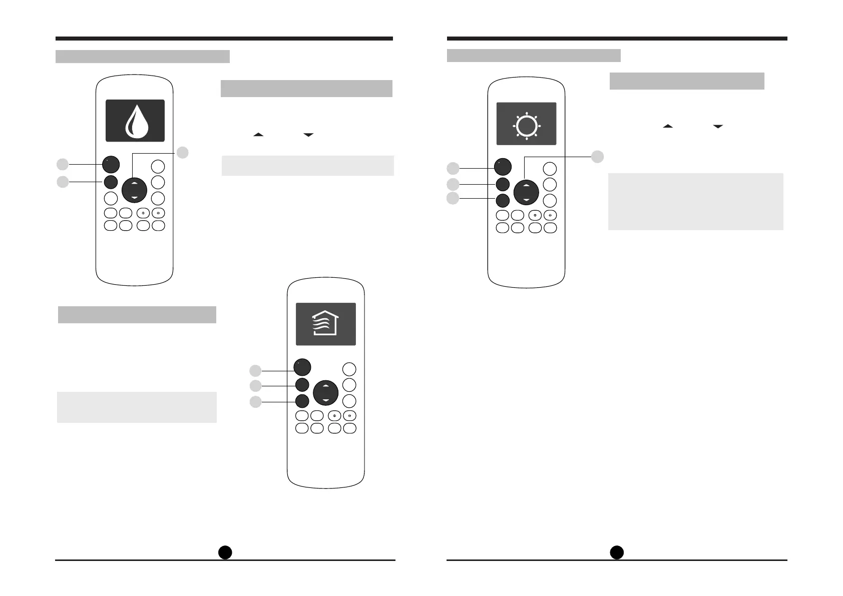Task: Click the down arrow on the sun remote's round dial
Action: pos(526,200)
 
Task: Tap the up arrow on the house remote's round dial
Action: pos(326,386)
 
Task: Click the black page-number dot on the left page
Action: pos(225,551)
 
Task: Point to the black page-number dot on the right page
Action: pos(617,551)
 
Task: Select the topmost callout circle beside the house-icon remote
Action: pos(255,370)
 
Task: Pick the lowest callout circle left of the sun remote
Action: pos(453,199)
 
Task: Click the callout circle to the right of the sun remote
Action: pos(597,157)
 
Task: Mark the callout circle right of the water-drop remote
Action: pos(183,153)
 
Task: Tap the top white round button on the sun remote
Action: pos(550,169)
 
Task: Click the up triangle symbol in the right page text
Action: pos(668,127)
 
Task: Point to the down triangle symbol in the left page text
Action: pos(308,135)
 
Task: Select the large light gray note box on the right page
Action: pos(695,201)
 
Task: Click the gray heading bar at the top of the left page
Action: pos(142,57)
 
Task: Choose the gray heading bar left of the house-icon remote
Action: pos(137,315)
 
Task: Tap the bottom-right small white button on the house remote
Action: pos(350,428)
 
